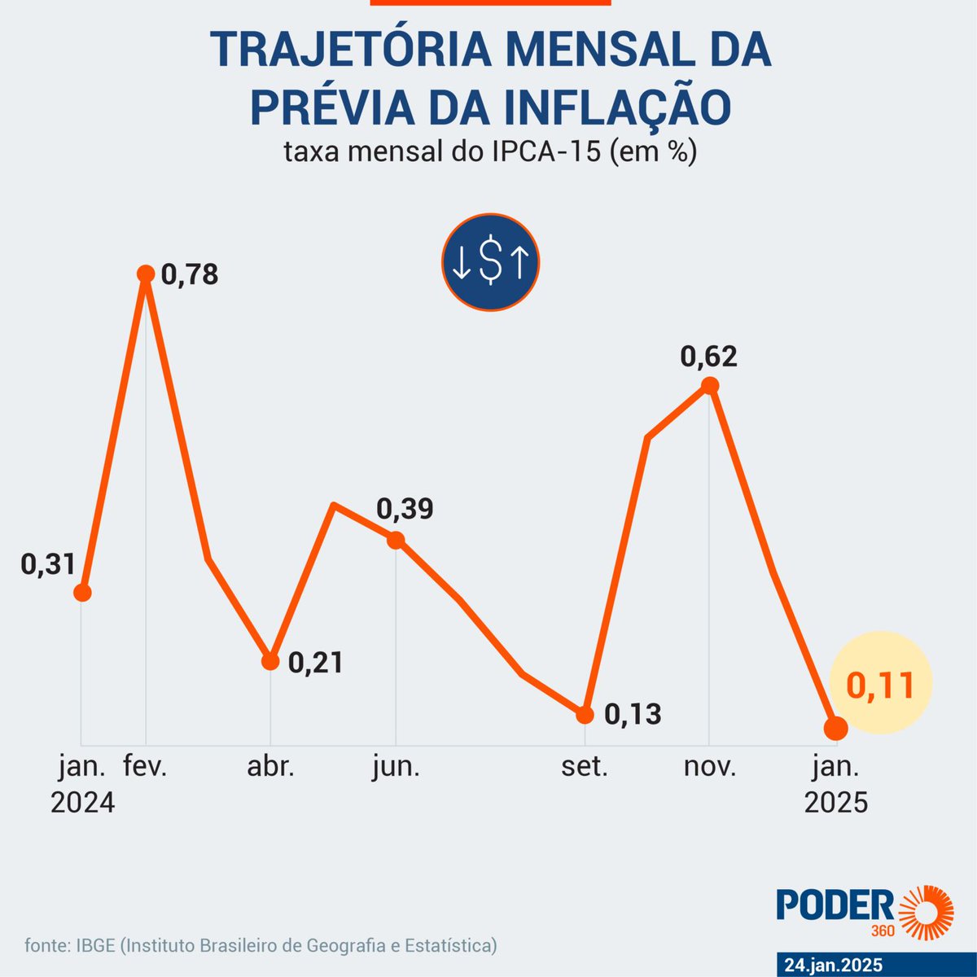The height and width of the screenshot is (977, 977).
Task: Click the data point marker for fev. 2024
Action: point(146,274)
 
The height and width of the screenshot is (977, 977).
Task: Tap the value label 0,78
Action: point(190,274)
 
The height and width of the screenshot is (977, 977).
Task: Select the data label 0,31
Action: point(48,564)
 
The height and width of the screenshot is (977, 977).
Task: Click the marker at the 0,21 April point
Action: point(270,660)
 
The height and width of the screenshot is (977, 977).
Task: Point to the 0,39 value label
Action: point(405,509)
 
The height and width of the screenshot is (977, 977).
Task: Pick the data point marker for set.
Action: point(585,715)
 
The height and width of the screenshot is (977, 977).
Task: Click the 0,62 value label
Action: point(708,357)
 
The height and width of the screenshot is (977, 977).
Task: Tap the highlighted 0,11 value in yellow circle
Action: point(879,686)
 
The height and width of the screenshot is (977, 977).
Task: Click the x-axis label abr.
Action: point(270,767)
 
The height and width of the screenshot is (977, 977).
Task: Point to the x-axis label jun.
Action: point(396,767)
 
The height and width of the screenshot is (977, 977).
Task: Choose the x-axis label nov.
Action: point(709,767)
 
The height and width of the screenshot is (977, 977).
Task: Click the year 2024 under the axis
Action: point(82,803)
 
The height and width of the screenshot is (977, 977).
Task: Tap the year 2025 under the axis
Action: point(836,803)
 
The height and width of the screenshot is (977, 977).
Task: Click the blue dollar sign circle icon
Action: point(490,262)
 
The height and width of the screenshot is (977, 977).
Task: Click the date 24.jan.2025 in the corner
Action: point(833,965)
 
